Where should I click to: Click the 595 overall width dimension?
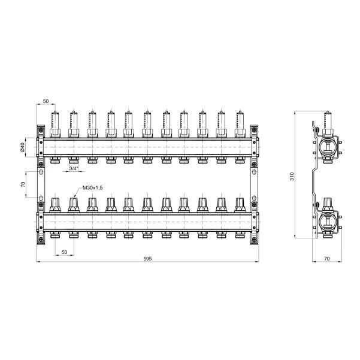coord(147,259)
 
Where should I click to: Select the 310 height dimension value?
coord(292,176)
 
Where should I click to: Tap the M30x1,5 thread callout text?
coord(92,188)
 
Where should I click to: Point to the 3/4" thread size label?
coord(74,168)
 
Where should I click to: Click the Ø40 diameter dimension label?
coord(22,147)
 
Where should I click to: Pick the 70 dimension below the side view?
coord(327,259)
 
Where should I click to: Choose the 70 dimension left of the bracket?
coord(23,184)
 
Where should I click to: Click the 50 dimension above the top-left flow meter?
coord(46,101)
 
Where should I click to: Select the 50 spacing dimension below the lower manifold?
coord(65,252)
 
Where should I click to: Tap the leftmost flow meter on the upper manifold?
coord(55,124)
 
